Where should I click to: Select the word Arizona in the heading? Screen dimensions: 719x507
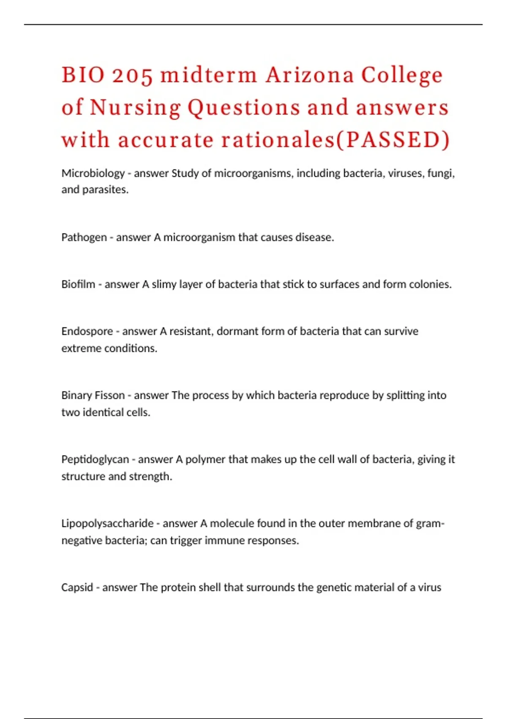[x=310, y=75]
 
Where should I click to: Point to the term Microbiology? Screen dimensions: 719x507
[x=93, y=173]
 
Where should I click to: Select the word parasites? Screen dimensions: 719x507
[x=105, y=189]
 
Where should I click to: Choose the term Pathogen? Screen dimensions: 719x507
[x=84, y=237]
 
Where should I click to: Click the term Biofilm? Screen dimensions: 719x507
[x=78, y=284]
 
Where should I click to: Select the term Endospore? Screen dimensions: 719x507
[x=87, y=331]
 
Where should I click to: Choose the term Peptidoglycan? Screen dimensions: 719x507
[x=95, y=459]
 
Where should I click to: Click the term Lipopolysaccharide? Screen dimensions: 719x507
[x=107, y=523]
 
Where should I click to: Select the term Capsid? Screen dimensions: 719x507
[x=77, y=587]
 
